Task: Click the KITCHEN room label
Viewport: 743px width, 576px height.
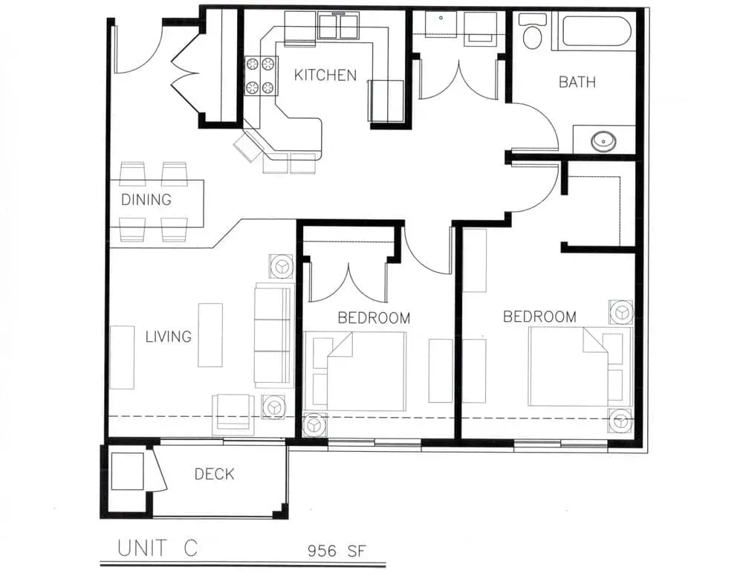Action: tap(325, 75)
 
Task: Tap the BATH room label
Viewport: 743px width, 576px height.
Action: tap(577, 82)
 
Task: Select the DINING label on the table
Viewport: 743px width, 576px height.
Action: tap(146, 200)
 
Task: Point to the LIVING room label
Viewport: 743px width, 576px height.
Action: tap(168, 337)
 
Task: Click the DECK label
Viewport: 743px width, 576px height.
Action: tap(214, 473)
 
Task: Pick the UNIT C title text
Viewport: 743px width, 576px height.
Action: tap(158, 548)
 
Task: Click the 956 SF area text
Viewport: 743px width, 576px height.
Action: tap(337, 551)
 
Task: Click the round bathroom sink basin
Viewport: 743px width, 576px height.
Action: tap(603, 140)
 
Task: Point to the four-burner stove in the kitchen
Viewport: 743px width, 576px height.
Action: tap(261, 76)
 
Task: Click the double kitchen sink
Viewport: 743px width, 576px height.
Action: tap(338, 27)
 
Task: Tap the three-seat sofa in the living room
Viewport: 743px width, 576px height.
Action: tap(273, 335)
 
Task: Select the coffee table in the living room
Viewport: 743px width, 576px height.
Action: tap(210, 335)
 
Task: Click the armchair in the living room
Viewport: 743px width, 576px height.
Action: tap(232, 414)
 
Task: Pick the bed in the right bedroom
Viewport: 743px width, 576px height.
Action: tap(580, 366)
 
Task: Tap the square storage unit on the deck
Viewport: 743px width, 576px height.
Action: tap(127, 471)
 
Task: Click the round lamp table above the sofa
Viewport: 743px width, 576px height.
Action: tap(282, 266)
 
